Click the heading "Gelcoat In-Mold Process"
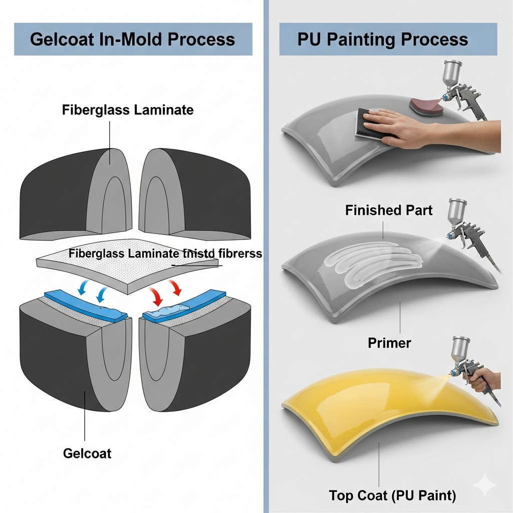tap(132, 40)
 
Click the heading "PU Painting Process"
tap(383, 40)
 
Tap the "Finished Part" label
tap(389, 210)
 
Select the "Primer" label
tap(389, 343)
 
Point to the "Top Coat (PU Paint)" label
tap(393, 496)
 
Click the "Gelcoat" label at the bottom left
tap(87, 454)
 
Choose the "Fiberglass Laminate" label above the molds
tap(128, 110)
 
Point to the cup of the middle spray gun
tap(457, 210)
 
